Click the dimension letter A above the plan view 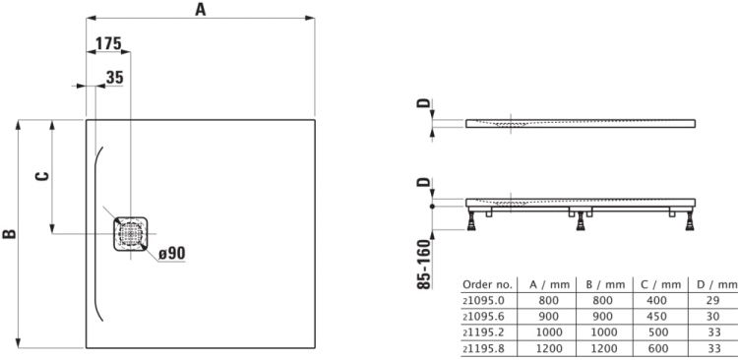click(x=201, y=9)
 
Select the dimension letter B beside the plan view click(x=9, y=233)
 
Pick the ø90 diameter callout click(x=172, y=254)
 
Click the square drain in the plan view click(x=129, y=233)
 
